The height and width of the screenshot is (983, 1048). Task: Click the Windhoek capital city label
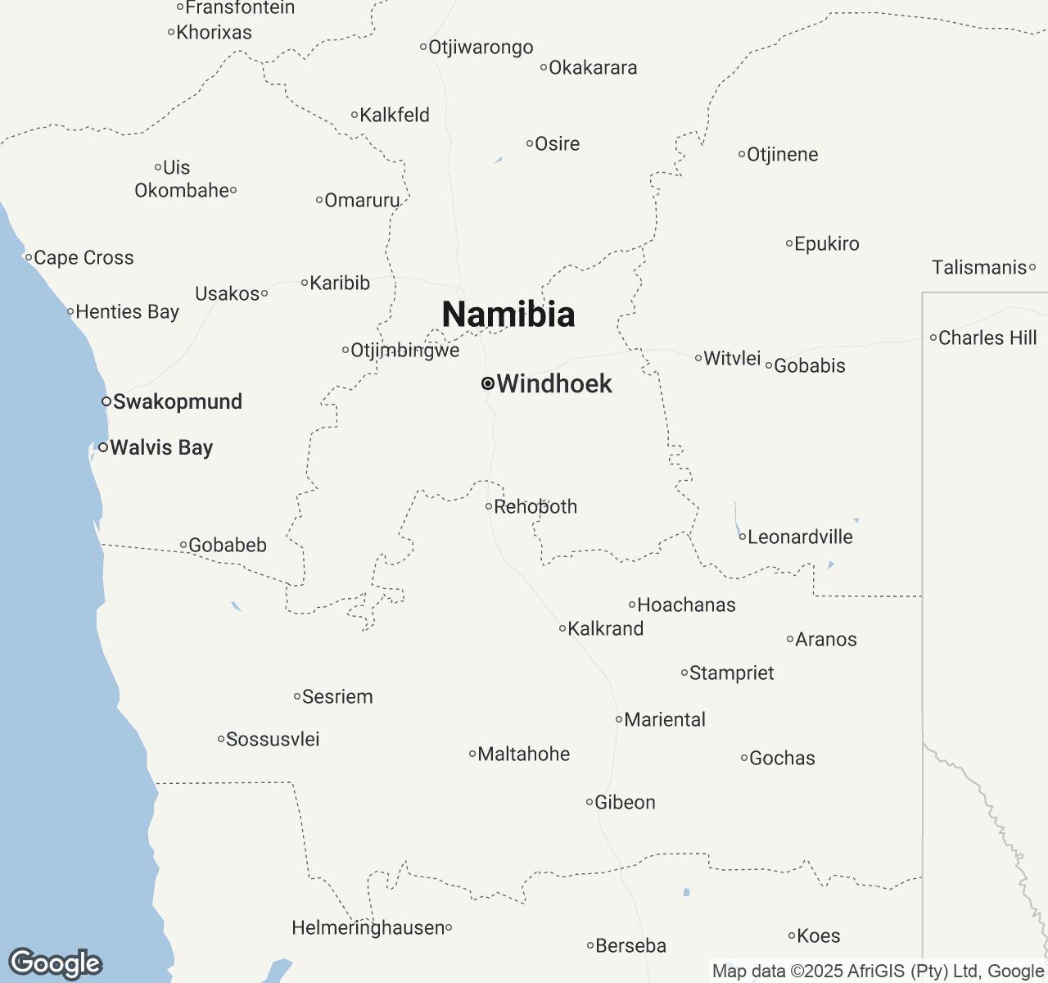click(x=554, y=383)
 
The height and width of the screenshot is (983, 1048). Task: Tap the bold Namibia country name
click(x=508, y=315)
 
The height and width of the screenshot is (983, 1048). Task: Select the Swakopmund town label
click(x=178, y=401)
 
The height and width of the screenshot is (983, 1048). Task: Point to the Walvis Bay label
click(x=161, y=447)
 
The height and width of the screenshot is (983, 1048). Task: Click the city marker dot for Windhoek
click(x=488, y=383)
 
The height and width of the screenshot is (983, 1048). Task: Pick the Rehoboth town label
click(x=535, y=506)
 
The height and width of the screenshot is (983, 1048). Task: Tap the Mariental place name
click(x=665, y=719)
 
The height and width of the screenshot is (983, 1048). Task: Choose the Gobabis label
click(x=810, y=365)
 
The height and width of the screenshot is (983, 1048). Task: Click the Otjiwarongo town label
click(x=481, y=47)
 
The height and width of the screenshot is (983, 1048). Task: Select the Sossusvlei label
click(x=273, y=739)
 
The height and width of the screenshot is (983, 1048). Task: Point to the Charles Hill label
click(x=987, y=337)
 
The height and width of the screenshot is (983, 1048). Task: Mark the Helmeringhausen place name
click(x=368, y=927)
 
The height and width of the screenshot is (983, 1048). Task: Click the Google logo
click(x=55, y=963)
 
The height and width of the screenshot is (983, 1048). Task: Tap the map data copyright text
click(x=878, y=972)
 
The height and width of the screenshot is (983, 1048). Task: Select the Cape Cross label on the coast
click(x=84, y=257)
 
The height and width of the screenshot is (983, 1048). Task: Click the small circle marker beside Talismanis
click(x=1032, y=267)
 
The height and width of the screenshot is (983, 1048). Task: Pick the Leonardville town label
click(x=800, y=537)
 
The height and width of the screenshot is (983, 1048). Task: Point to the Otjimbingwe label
click(x=405, y=350)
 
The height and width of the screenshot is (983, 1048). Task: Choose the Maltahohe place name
click(x=524, y=754)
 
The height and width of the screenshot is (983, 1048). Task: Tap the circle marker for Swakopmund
click(x=106, y=401)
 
